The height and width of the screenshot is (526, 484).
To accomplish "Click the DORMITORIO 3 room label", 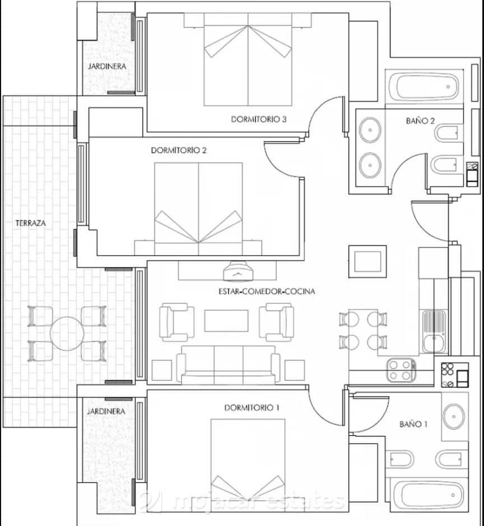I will (259, 119).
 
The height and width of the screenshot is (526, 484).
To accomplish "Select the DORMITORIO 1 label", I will (252, 407).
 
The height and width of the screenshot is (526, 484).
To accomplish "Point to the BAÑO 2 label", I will (420, 120).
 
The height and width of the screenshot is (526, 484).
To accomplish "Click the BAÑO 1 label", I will (413, 424).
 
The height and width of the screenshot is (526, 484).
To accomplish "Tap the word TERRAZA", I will (31, 223).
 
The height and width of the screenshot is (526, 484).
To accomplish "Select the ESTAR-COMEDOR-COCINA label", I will (267, 291).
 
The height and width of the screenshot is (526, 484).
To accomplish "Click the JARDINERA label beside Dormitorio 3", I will (106, 66).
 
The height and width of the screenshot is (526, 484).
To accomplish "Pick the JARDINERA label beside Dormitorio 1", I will (106, 411).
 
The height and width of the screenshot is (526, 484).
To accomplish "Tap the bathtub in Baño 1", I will (428, 495).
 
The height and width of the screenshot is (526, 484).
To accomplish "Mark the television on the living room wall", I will (239, 273).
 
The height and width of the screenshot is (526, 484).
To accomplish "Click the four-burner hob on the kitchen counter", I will (401, 370).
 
